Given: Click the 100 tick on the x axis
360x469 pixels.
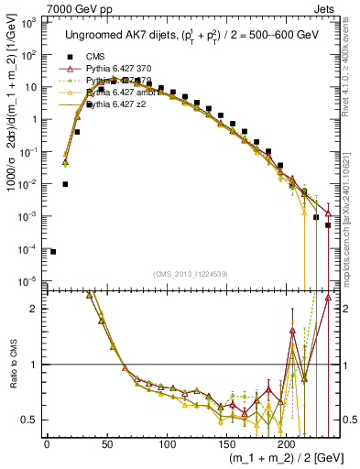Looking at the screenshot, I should pos(166,443).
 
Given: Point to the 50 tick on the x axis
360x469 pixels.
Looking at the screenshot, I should pos(106,443).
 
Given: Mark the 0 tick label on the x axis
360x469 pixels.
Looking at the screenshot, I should pos(47,443).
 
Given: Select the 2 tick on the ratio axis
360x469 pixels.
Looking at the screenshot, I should pos(36,309).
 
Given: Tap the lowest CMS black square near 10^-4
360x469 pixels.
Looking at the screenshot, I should pos(53,252).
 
